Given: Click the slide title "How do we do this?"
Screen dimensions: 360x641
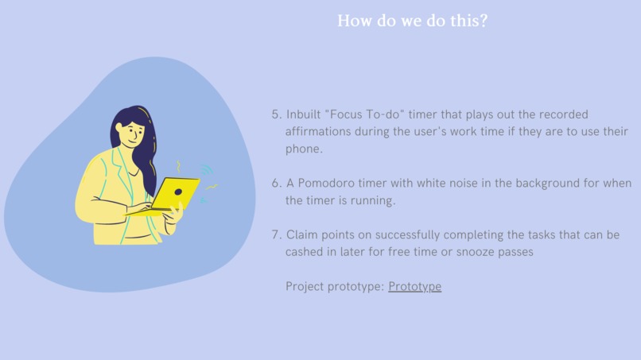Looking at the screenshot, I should [412, 21].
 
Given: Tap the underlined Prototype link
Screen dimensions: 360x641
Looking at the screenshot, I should [414, 286].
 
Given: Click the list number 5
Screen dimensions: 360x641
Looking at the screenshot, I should [276, 114].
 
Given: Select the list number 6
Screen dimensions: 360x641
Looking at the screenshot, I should [276, 183].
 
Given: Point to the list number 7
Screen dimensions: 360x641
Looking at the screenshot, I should [276, 235].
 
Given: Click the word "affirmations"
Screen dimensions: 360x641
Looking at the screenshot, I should [318, 131].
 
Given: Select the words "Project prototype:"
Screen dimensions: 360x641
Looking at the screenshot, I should [334, 286].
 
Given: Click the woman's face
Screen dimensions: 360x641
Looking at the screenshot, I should [134, 134].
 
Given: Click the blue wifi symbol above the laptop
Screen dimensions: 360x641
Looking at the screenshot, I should [206, 170].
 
